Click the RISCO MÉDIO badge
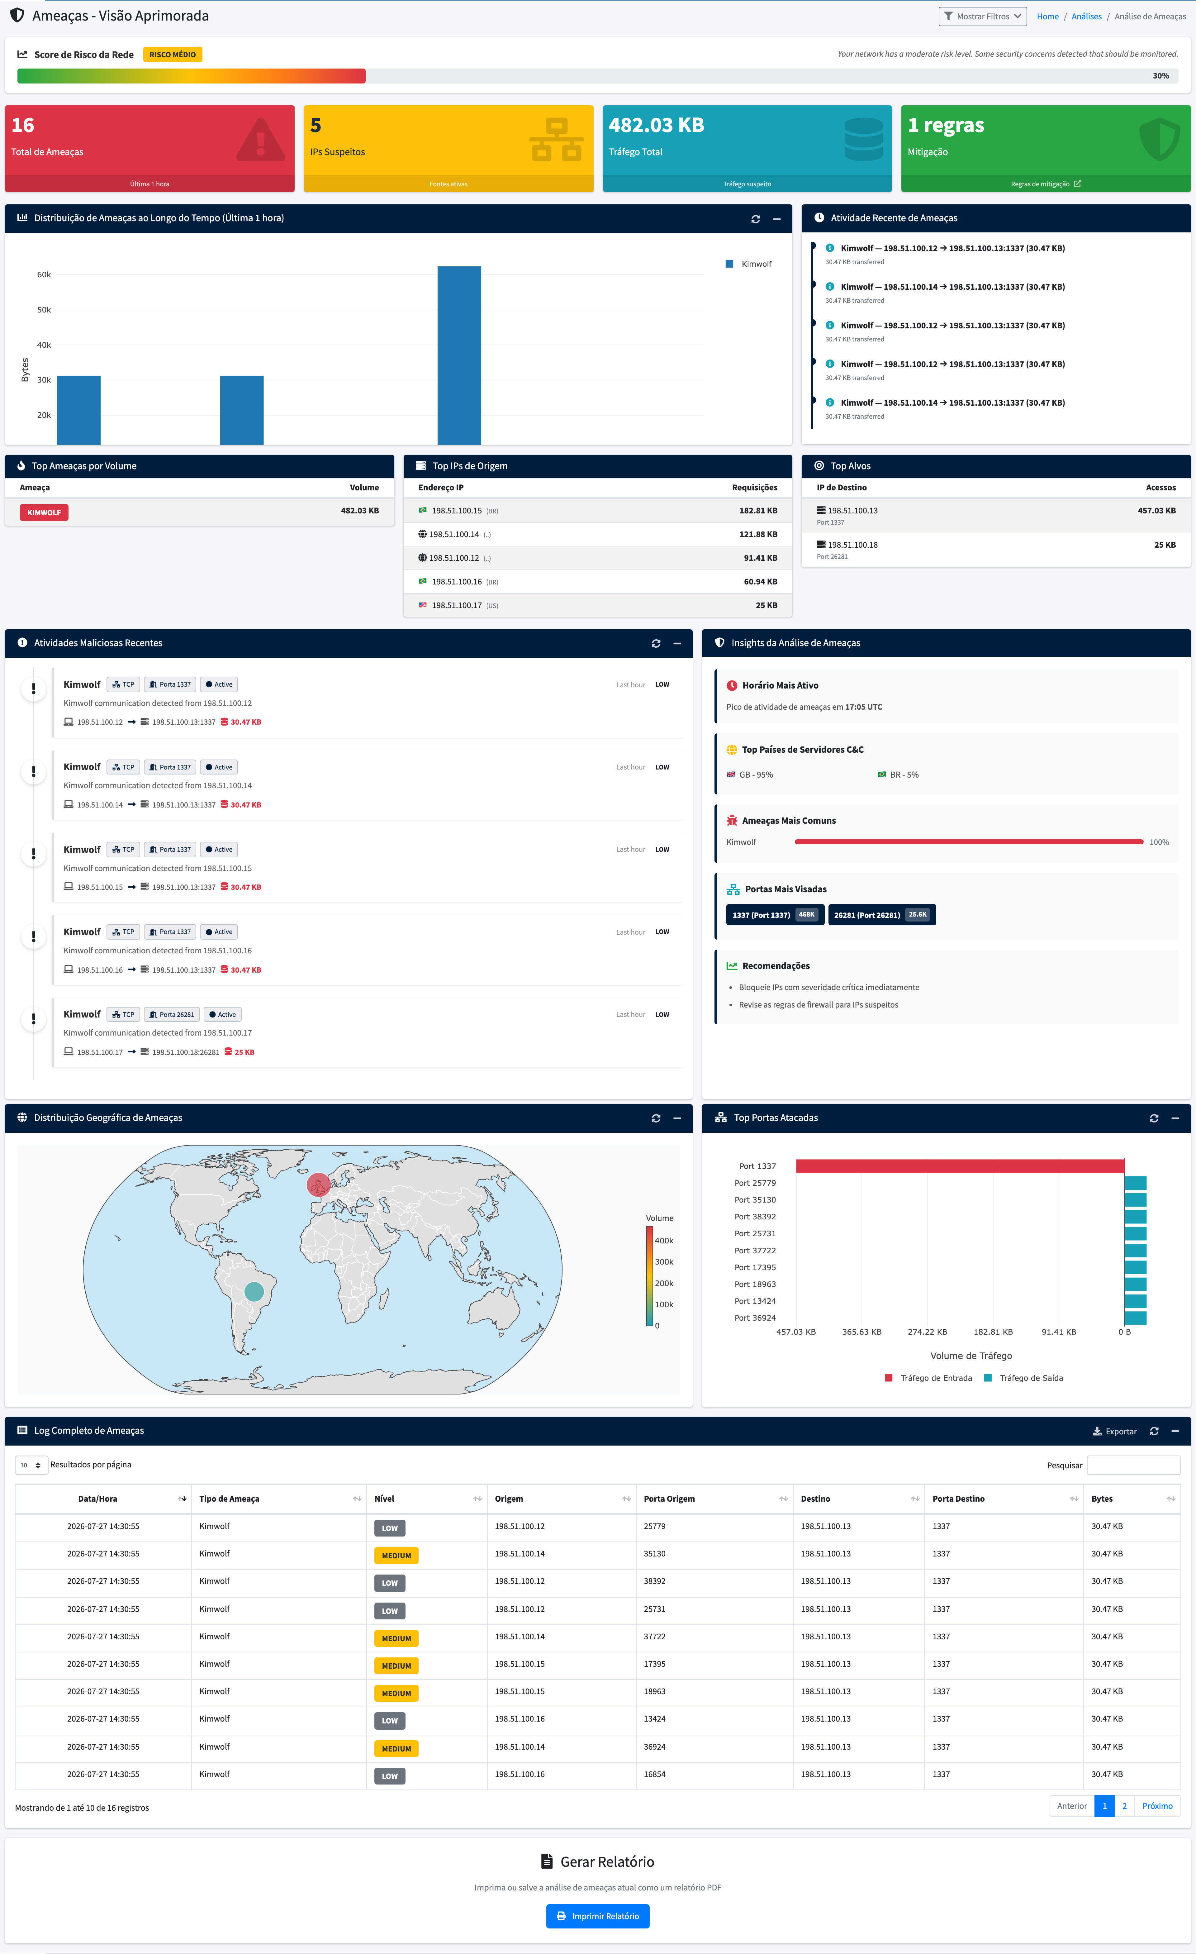173,55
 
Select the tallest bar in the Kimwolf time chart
459,355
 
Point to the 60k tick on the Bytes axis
44,274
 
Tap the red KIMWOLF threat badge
45,512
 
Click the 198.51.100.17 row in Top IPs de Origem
598,605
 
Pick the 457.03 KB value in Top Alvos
1156,511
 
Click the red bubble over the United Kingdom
319,1185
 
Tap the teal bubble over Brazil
254,1291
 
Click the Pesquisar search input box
1133,1465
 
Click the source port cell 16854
655,1774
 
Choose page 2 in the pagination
1124,1806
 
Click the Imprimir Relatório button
598,1916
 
